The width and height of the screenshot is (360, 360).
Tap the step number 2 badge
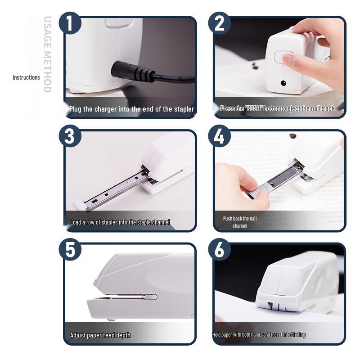point(219,23)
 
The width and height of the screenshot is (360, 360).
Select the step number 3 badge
point(70,136)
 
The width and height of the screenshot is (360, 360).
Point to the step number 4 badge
point(219,136)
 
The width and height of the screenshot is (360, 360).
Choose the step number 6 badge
point(219,250)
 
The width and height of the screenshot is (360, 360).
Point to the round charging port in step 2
point(283,83)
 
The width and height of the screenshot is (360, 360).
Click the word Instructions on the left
point(26,77)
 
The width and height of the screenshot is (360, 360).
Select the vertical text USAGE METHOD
point(47,54)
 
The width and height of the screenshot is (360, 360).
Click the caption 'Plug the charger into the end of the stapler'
point(131,109)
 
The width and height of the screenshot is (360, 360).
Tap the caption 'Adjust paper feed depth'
point(100,335)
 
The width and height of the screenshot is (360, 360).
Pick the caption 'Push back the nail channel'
point(240,222)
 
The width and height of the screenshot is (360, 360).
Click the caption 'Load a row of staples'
point(120,222)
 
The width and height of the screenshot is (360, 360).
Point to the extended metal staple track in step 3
point(115,189)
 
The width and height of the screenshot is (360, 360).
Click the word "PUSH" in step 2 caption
point(254,108)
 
